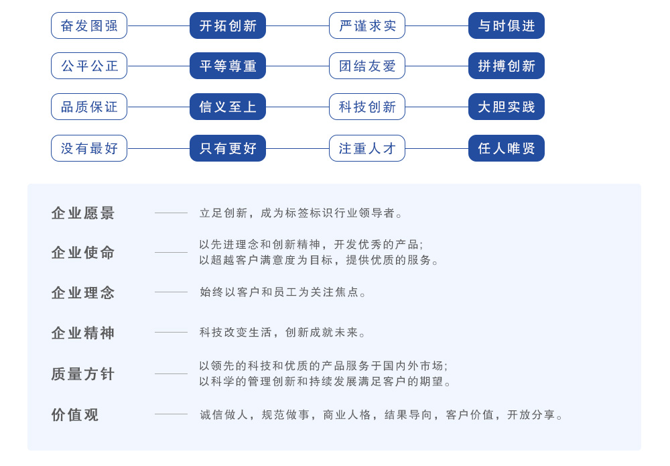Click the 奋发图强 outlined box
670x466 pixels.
[x=89, y=25]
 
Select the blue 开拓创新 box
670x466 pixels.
[x=228, y=25]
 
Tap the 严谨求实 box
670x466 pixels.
[x=367, y=25]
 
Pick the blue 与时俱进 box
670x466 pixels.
[x=507, y=25]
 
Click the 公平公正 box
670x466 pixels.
[x=89, y=66]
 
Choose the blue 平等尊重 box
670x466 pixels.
[x=228, y=66]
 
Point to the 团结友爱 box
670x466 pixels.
[x=367, y=66]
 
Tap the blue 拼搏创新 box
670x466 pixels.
[x=507, y=66]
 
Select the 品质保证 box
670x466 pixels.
[x=89, y=107]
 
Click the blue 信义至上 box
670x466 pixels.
[x=228, y=107]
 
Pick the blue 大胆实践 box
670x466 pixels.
[x=507, y=107]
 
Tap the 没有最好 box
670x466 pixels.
[x=89, y=148]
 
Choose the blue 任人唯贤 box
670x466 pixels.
[x=507, y=148]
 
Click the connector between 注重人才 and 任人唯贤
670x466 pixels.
[x=437, y=148]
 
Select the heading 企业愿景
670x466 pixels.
[x=83, y=213]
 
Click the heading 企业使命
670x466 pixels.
[x=83, y=253]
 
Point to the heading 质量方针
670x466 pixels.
[x=83, y=374]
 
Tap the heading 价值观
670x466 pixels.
[x=75, y=414]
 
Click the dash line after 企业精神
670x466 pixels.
[x=171, y=332]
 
